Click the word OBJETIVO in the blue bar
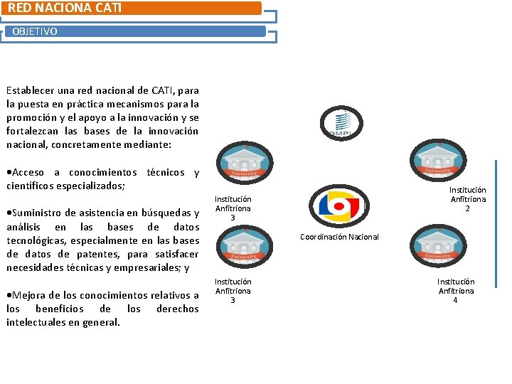coord(35,32)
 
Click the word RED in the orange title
coord(21,8)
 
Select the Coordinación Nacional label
coord(339,237)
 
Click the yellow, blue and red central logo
coord(340,206)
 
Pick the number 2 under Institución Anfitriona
coord(467,208)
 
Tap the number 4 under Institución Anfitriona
coord(456,300)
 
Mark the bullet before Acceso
coord(9,173)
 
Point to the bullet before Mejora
coord(9,295)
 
